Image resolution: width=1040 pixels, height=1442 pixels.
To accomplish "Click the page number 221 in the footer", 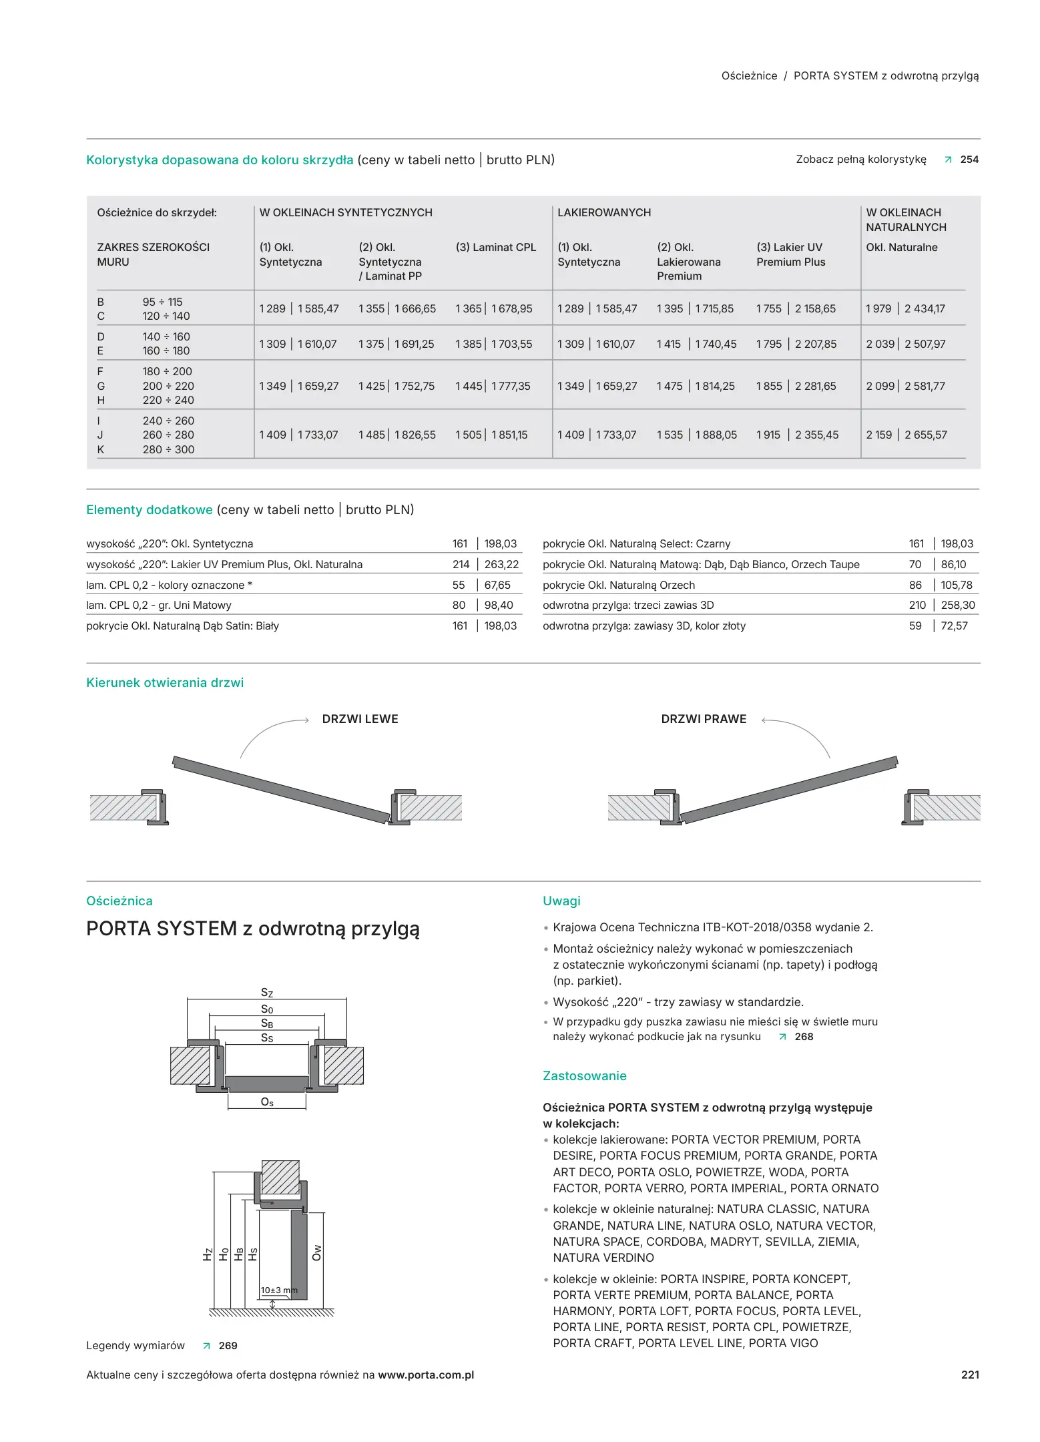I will point(969,1375).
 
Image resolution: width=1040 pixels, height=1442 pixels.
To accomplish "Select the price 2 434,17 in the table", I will point(925,308).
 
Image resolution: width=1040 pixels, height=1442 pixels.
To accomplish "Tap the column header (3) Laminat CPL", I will point(495,247).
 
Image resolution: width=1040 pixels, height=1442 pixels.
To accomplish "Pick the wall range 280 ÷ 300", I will point(168,449).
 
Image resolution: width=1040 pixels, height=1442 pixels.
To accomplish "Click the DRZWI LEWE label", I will point(360,719).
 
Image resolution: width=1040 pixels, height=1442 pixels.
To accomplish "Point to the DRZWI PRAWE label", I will point(704,719).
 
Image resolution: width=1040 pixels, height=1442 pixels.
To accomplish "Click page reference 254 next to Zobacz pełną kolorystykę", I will point(969,160).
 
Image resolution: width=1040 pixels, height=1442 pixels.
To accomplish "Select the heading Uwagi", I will point(561,901).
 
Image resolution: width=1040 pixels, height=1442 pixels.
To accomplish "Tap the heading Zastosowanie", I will point(584,1076).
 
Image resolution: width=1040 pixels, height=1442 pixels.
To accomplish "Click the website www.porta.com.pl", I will point(426,1375).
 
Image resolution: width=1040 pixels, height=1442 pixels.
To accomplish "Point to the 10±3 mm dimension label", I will point(279,1290).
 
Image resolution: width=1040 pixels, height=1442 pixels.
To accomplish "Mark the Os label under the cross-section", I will point(267,1102).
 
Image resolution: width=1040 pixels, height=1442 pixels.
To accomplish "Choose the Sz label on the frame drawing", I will point(267,993).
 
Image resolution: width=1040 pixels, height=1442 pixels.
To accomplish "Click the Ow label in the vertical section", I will point(317,1252).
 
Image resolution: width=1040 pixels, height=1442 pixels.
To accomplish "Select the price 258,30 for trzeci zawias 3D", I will point(957,605).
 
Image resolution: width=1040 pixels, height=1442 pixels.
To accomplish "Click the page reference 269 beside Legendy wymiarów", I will point(228,1346).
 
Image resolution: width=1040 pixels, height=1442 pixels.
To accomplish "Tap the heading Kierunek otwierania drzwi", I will point(165,683).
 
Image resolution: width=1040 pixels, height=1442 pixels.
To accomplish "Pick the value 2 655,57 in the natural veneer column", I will point(925,435).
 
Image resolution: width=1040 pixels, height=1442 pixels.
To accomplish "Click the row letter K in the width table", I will point(101,449).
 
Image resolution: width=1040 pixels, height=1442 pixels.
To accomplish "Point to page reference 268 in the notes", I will point(804,1037).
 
